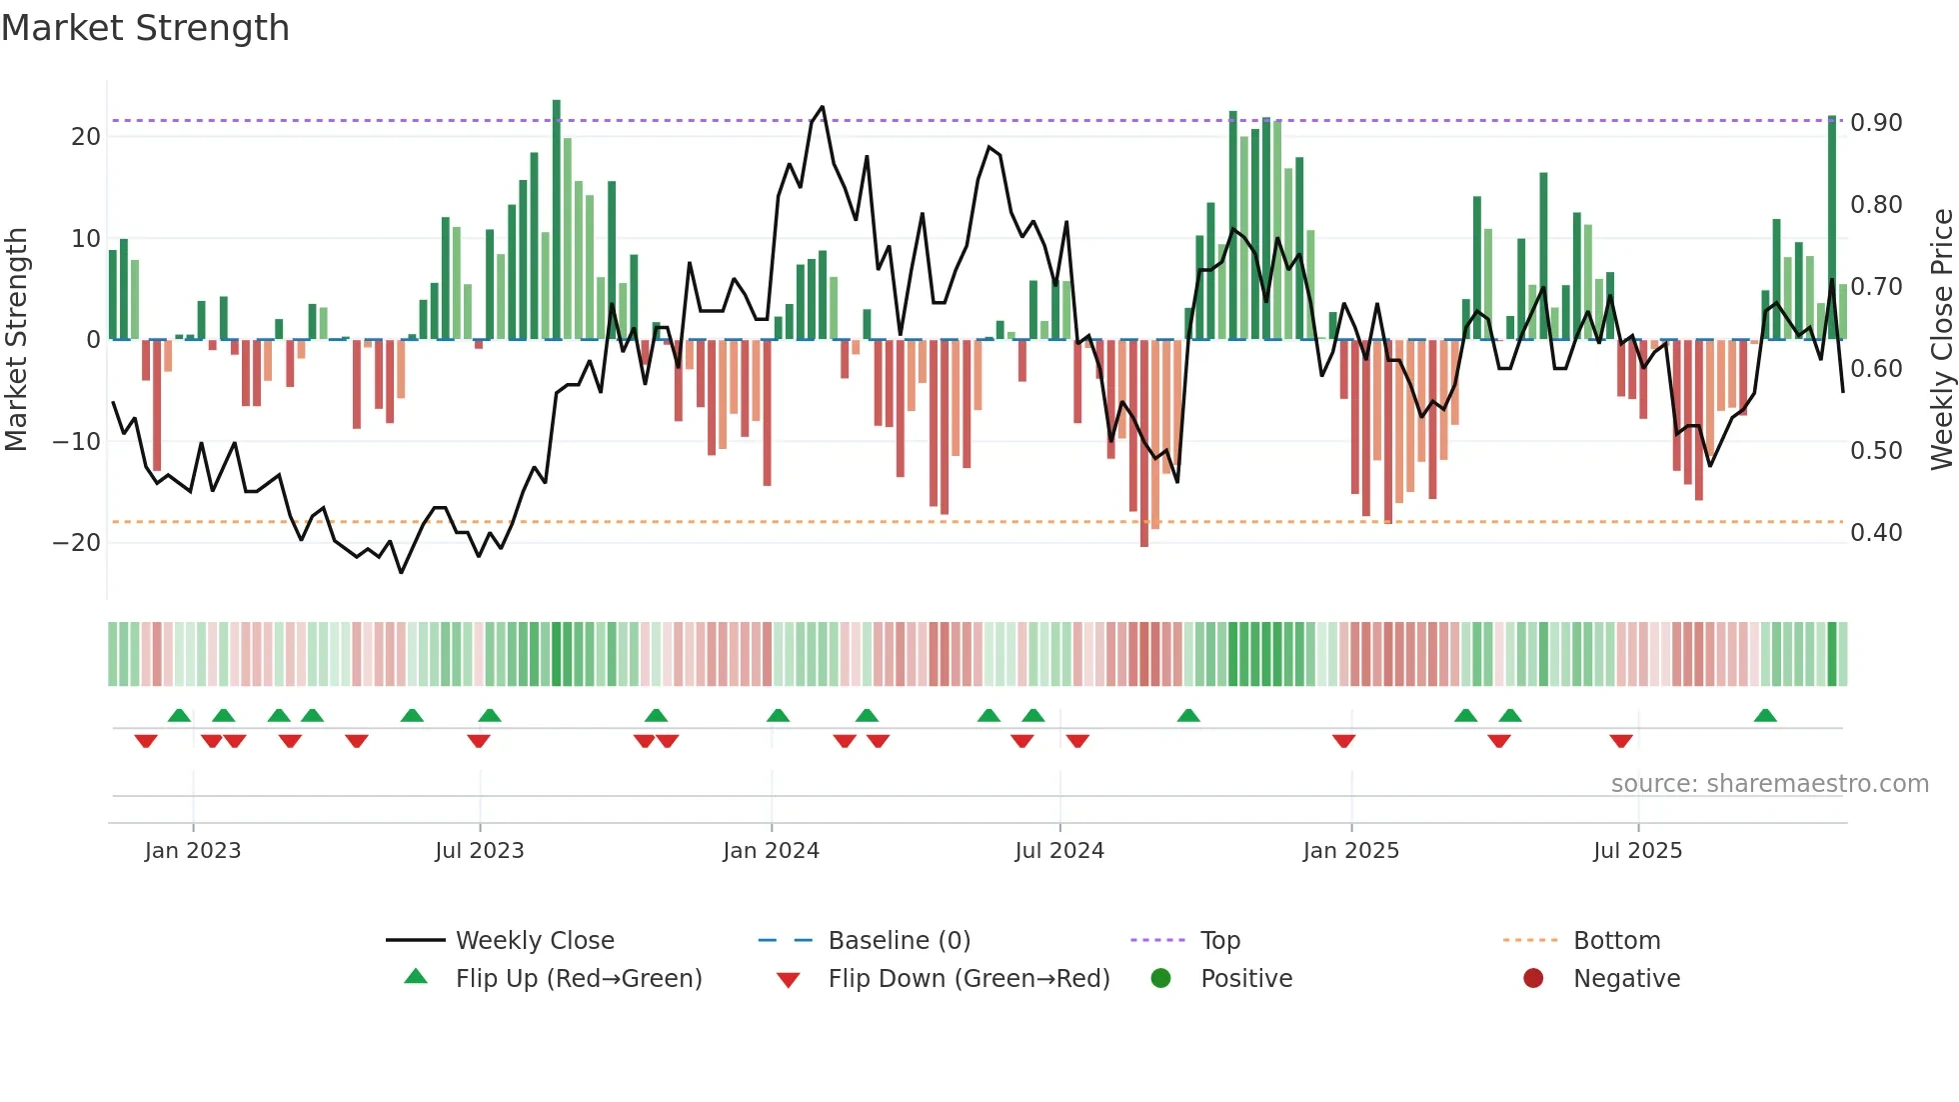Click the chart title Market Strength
pyautogui.click(x=145, y=28)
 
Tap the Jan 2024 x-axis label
pyautogui.click(x=771, y=851)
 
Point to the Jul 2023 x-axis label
pyautogui.click(x=479, y=851)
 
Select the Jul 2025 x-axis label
pyautogui.click(x=1637, y=851)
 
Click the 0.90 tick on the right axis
pyautogui.click(x=1876, y=123)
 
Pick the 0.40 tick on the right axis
pyautogui.click(x=1876, y=533)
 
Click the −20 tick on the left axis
pyautogui.click(x=77, y=543)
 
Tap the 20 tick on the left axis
pyautogui.click(x=86, y=137)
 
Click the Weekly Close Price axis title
pyautogui.click(x=1941, y=340)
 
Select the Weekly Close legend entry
pyautogui.click(x=534, y=941)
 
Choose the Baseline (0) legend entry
pyautogui.click(x=899, y=941)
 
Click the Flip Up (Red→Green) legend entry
pyautogui.click(x=578, y=979)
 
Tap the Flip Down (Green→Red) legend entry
pyautogui.click(x=968, y=979)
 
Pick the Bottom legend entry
pyautogui.click(x=1616, y=941)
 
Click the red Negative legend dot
pyautogui.click(x=1533, y=979)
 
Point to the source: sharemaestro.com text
pyautogui.click(x=1769, y=784)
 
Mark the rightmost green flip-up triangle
pyautogui.click(x=1765, y=716)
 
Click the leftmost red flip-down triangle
pyautogui.click(x=146, y=741)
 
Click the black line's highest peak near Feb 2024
pyautogui.click(x=822, y=107)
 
